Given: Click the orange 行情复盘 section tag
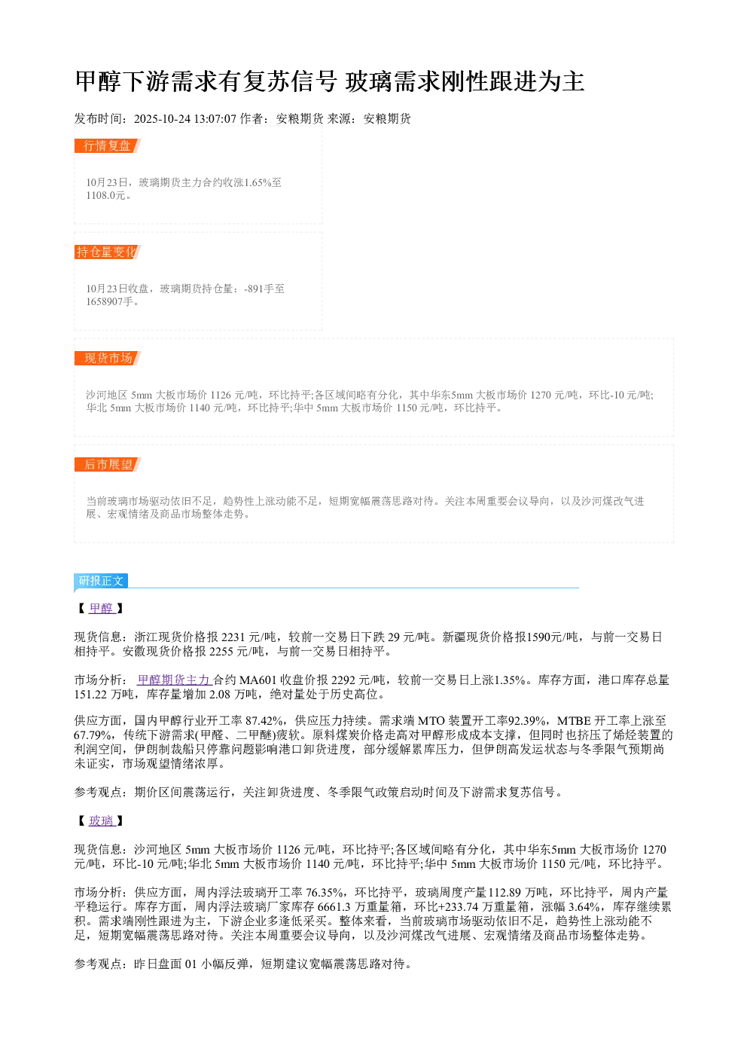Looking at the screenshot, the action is [107, 146].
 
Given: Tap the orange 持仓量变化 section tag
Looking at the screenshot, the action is [107, 252].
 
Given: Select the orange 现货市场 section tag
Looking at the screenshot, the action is [107, 358].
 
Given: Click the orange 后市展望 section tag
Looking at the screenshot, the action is [107, 464].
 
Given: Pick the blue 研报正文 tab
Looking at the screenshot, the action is [101, 580].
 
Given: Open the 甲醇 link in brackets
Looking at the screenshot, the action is [102, 608].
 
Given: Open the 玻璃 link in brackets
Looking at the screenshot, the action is [102, 820].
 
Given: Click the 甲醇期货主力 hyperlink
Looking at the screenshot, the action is [174, 680].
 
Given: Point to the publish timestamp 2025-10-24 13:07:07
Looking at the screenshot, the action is [184, 118].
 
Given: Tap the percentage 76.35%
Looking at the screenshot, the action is [325, 892].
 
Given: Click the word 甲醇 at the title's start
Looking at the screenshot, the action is [98, 81].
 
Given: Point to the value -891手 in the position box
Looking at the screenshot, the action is [259, 289].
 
